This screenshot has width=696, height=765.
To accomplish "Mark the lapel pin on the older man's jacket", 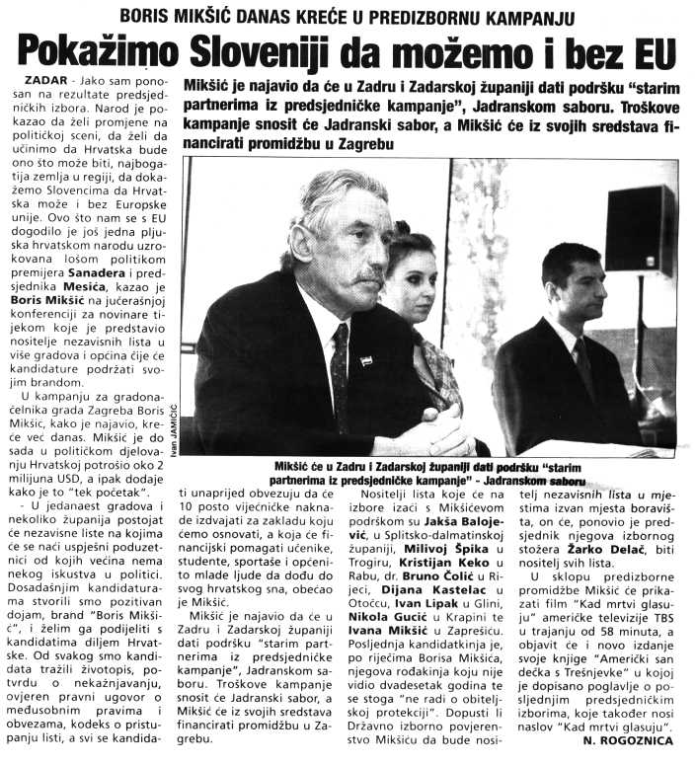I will pos(365,359).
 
